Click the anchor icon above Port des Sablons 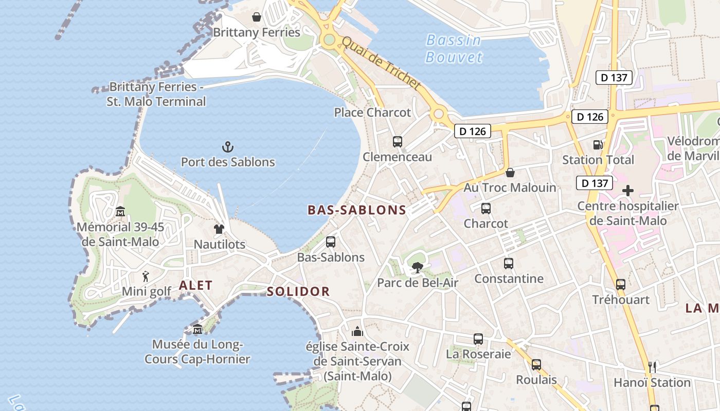point(228,147)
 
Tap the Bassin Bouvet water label point(454,48)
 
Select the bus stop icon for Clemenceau point(397,142)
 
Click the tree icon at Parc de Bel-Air point(417,267)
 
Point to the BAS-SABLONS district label point(357,210)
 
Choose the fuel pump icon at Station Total point(598,145)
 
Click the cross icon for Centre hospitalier point(627,191)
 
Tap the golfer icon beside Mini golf point(146,276)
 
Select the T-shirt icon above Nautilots point(219,229)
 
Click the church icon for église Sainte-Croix point(357,331)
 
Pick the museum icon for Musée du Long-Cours point(197,329)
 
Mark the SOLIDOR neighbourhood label point(298,292)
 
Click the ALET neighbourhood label point(195,286)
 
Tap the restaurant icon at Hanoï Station point(652,367)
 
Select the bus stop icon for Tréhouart point(621,284)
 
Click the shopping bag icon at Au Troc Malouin point(510,173)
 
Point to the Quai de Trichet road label point(381,63)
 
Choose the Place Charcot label point(372,113)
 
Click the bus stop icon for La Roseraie point(478,339)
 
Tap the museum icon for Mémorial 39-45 point(120,211)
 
